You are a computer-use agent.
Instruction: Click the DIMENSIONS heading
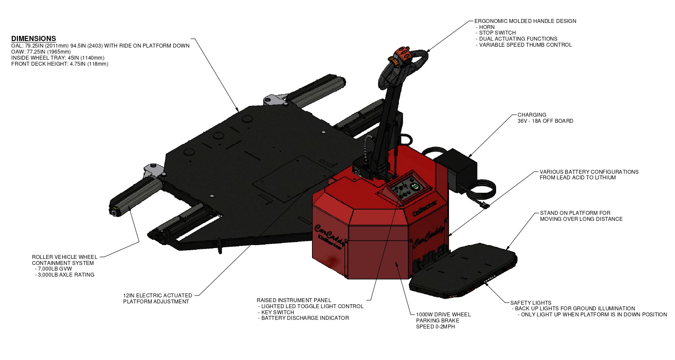pyautogui.click(x=34, y=38)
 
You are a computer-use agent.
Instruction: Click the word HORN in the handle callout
pyautogui.click(x=487, y=27)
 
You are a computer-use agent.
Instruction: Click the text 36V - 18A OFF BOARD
pyautogui.click(x=545, y=121)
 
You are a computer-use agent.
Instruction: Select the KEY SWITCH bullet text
pyautogui.click(x=277, y=312)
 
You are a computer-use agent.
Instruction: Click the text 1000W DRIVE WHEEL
pyautogui.click(x=443, y=315)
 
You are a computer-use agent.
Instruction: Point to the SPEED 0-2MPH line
pyautogui.click(x=436, y=327)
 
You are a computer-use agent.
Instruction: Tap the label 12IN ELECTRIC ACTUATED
pyautogui.click(x=158, y=296)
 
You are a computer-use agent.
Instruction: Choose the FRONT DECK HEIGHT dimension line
pyautogui.click(x=60, y=64)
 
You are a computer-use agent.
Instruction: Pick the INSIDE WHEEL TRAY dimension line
pyautogui.click(x=58, y=58)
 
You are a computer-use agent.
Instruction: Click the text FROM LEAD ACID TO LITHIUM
pyautogui.click(x=578, y=178)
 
